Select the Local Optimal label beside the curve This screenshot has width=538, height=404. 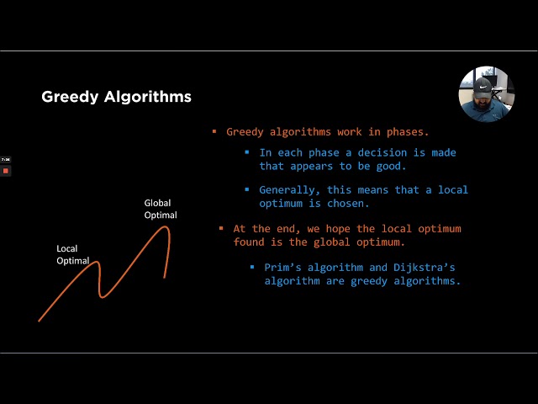click(x=73, y=254)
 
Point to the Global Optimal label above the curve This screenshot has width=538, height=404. click(x=161, y=209)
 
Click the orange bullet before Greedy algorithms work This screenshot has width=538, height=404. click(x=214, y=132)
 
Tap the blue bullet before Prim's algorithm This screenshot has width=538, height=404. click(x=252, y=267)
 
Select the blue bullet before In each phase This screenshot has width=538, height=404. click(x=247, y=152)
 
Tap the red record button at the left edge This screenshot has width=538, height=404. click(x=5, y=171)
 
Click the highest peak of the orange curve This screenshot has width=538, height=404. click(x=165, y=227)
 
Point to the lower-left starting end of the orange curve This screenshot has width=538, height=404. click(x=40, y=320)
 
